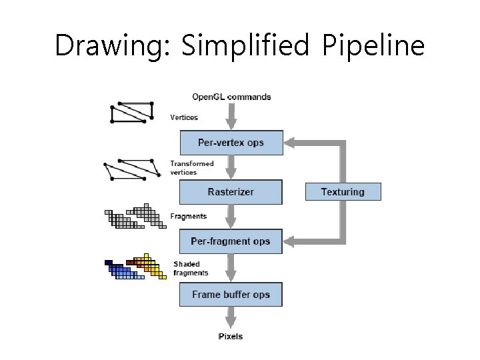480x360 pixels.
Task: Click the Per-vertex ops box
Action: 231,143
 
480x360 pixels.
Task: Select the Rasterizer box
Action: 231,192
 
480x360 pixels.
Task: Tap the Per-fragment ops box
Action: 231,241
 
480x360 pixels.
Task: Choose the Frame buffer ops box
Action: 231,295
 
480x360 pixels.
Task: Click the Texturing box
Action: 343,192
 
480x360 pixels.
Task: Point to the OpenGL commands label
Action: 231,97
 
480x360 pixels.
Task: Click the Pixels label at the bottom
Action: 231,336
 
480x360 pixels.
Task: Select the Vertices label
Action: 184,117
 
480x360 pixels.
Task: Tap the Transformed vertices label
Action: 192,167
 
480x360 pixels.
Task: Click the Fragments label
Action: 188,216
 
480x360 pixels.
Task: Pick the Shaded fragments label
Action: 191,268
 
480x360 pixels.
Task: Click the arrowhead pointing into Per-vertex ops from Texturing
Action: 291,143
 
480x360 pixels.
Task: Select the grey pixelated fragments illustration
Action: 135,217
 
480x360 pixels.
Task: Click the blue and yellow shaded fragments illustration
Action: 135,267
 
